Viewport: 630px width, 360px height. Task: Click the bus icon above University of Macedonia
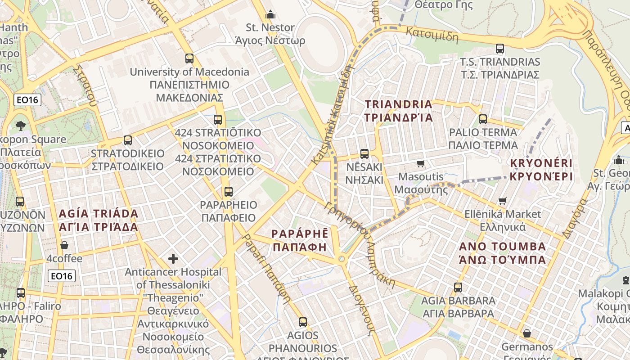click(189, 58)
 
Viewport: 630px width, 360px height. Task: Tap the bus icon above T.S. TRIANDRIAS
click(499, 48)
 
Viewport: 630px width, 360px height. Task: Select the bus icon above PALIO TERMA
click(483, 119)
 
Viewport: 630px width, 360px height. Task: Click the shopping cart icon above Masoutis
click(420, 163)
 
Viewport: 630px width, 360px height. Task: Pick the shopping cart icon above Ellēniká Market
click(502, 201)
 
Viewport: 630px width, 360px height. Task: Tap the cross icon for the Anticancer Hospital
click(173, 259)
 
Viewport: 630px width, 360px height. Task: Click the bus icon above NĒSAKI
click(364, 154)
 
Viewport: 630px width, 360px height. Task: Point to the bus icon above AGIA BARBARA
click(458, 287)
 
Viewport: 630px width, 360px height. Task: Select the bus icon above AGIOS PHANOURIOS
click(303, 322)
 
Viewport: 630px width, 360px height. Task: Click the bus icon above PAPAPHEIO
click(229, 192)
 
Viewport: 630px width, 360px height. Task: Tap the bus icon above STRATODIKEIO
click(128, 140)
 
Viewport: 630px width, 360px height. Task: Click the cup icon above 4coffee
click(64, 245)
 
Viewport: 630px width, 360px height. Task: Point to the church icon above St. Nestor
click(270, 14)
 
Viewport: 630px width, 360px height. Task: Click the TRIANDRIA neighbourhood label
click(399, 111)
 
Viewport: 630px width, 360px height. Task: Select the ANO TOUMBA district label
click(502, 253)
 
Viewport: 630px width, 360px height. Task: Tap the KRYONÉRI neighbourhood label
click(541, 169)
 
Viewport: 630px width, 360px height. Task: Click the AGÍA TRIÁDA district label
click(98, 220)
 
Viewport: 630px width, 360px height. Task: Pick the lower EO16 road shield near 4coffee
click(62, 276)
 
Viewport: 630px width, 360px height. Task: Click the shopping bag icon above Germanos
click(526, 333)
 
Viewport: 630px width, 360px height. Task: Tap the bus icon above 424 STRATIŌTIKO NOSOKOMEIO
click(218, 120)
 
